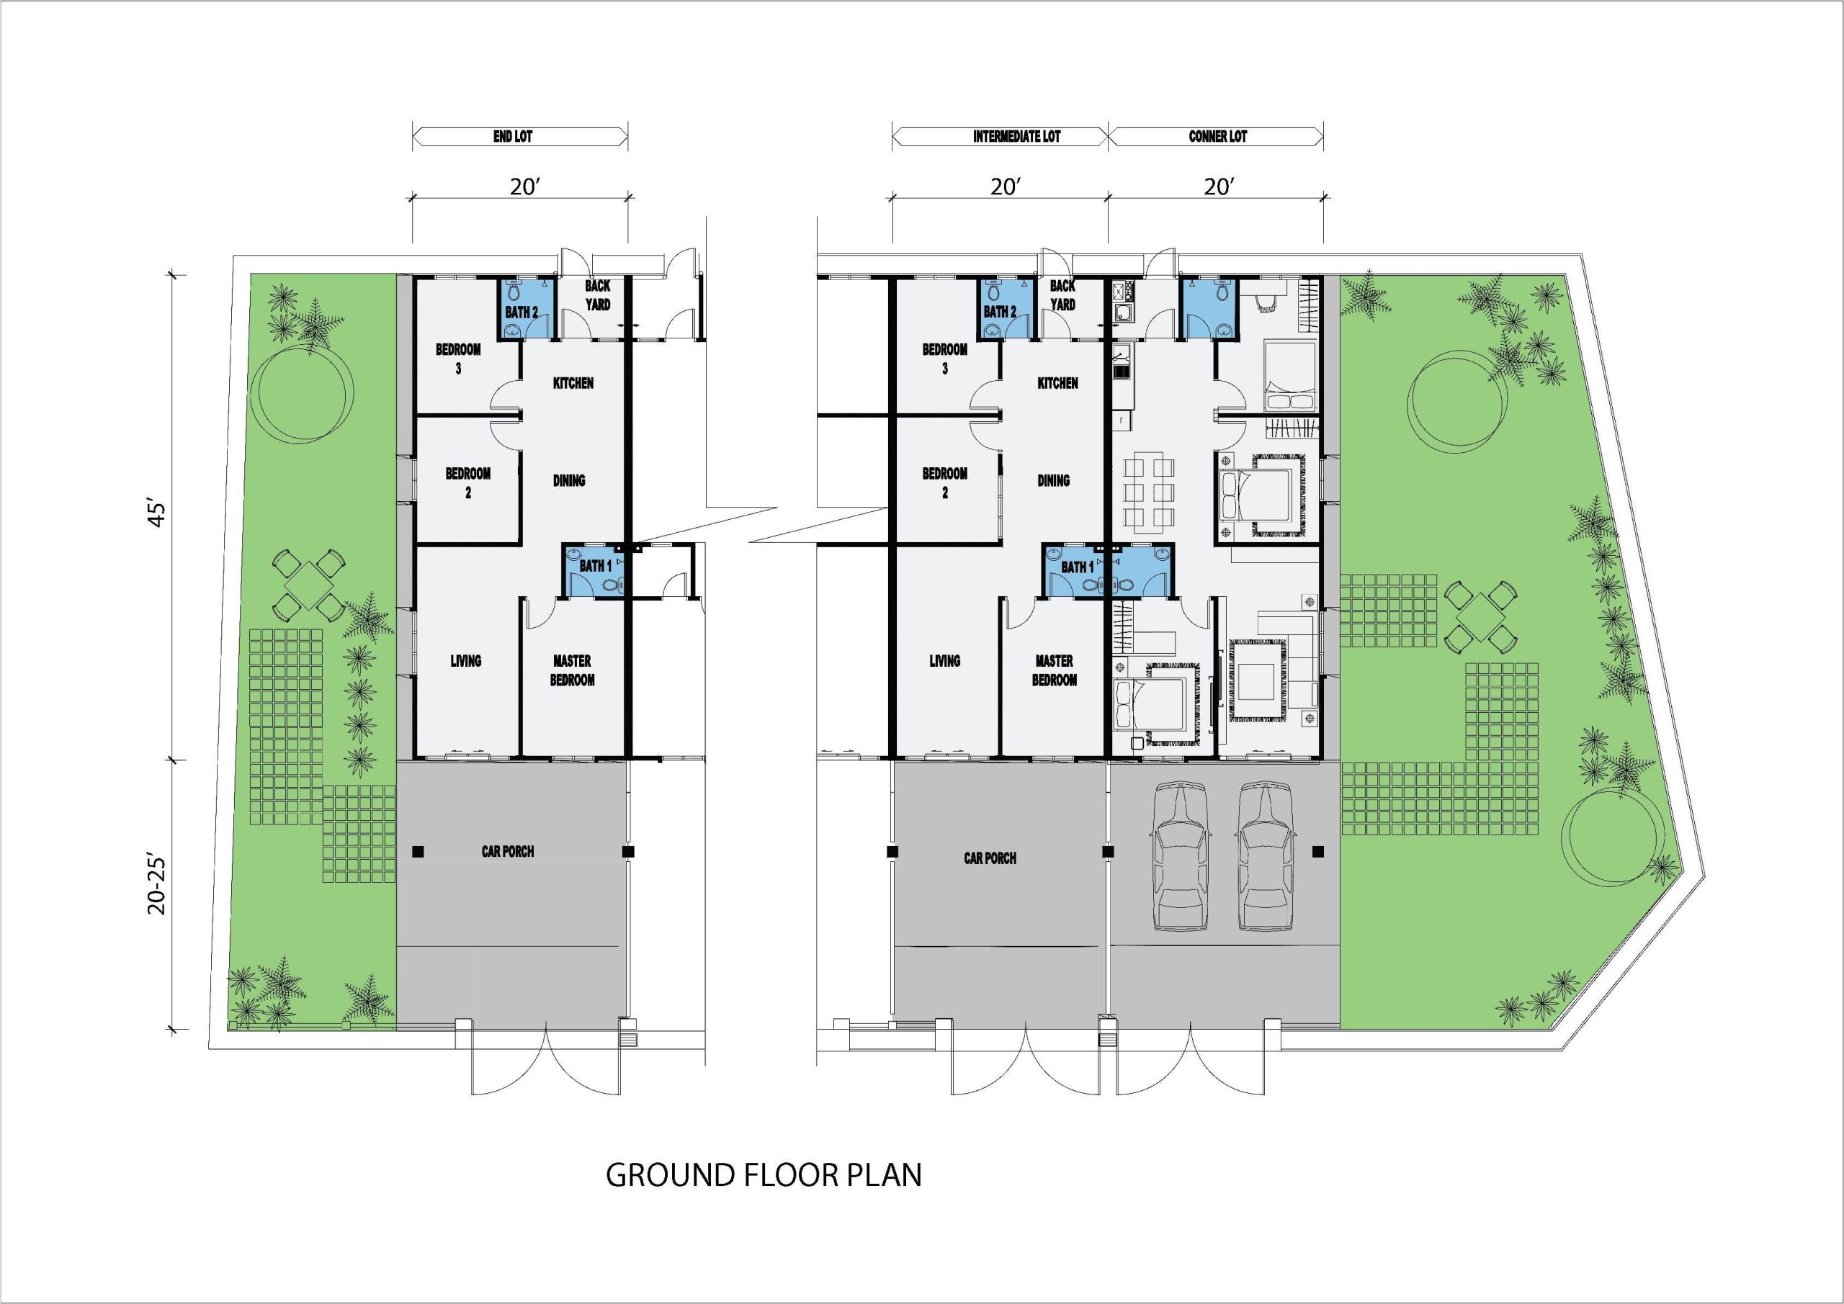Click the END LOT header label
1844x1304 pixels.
pyautogui.click(x=512, y=137)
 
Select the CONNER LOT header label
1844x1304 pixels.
pyautogui.click(x=1217, y=137)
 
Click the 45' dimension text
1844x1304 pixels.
pyautogui.click(x=158, y=514)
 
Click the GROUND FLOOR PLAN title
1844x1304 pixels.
pyautogui.click(x=763, y=1174)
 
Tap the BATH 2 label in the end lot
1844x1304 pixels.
pyautogui.click(x=522, y=312)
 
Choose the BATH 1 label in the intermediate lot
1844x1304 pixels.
pyautogui.click(x=1077, y=567)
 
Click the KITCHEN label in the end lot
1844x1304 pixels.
pyautogui.click(x=573, y=383)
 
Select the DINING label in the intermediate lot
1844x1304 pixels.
pyautogui.click(x=1053, y=480)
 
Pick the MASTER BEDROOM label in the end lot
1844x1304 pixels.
pyautogui.click(x=573, y=670)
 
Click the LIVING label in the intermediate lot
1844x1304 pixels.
pyautogui.click(x=944, y=661)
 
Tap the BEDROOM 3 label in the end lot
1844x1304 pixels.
pyautogui.click(x=459, y=359)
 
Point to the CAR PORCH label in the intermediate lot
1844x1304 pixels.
pyautogui.click(x=990, y=858)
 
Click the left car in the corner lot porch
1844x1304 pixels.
pyautogui.click(x=1181, y=856)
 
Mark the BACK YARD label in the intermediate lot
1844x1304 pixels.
pyautogui.click(x=1062, y=294)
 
